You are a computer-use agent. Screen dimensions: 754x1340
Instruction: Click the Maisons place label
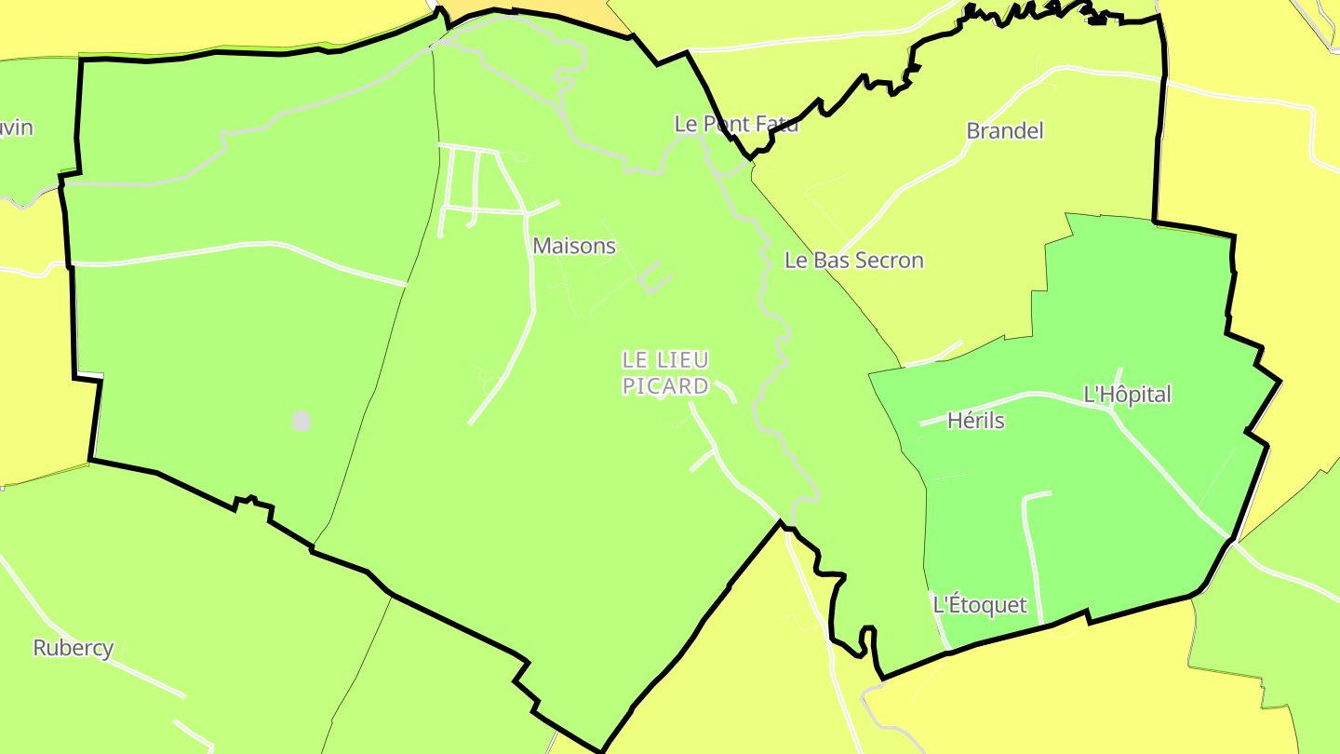click(x=574, y=246)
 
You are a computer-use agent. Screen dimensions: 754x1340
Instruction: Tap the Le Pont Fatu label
click(x=736, y=124)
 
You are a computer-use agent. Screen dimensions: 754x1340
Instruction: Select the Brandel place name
click(x=1005, y=130)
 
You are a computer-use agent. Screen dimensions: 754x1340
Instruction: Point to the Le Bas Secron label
click(x=854, y=261)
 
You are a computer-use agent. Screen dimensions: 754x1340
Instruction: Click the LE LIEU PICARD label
click(x=665, y=372)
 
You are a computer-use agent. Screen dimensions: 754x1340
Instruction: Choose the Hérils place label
click(x=976, y=421)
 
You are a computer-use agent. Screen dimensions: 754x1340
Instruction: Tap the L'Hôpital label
click(x=1128, y=395)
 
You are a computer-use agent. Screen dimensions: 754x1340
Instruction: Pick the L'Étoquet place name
click(x=980, y=605)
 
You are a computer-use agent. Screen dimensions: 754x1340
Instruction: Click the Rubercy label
click(x=74, y=648)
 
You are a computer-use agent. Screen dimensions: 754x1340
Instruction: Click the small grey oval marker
click(x=301, y=421)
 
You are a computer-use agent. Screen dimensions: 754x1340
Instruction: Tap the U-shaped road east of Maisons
click(x=655, y=277)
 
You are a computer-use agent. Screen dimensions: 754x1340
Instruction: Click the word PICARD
click(x=665, y=386)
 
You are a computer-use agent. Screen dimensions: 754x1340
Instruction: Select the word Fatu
click(x=776, y=124)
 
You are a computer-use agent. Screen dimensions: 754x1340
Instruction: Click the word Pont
click(x=725, y=124)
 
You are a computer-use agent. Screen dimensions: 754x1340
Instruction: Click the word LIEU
click(x=681, y=359)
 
